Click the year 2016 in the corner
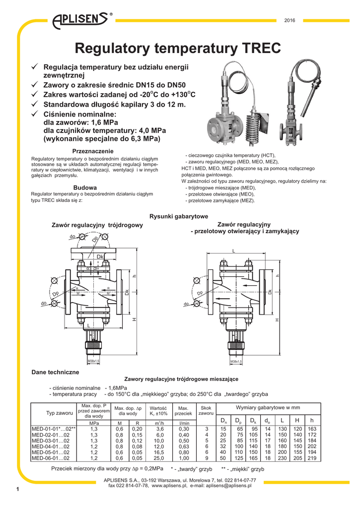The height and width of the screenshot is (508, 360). click(289, 20)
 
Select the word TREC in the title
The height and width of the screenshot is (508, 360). click(258, 48)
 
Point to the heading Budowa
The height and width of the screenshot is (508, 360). click(85, 187)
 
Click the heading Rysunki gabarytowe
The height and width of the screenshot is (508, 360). click(179, 216)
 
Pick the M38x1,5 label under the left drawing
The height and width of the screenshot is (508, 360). click(93, 362)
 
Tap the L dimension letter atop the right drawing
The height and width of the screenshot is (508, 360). click(233, 251)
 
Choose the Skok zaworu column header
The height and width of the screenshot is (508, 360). click(206, 410)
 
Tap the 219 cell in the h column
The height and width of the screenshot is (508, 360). click(312, 458)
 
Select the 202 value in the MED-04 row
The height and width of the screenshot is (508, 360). click(312, 446)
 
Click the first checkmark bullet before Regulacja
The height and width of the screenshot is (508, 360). click(35, 67)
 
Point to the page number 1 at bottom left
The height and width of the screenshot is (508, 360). click(17, 490)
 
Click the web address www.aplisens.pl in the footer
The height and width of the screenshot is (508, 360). click(169, 486)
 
